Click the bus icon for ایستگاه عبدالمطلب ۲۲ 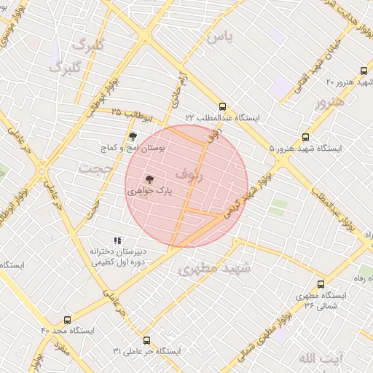pyautogui.click(x=222, y=106)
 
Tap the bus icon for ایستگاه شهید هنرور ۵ pyautogui.click(x=305, y=136)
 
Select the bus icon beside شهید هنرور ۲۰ pyautogui.click(x=364, y=71)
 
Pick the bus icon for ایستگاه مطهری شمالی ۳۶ pyautogui.click(x=321, y=284)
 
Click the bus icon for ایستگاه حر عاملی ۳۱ pyautogui.click(x=146, y=340)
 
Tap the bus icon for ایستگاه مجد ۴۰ pyautogui.click(x=68, y=319)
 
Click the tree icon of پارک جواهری pyautogui.click(x=149, y=178)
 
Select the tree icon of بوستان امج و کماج pyautogui.click(x=132, y=136)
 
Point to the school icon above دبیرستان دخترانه pyautogui.click(x=117, y=240)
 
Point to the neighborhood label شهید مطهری pyautogui.click(x=214, y=269)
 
